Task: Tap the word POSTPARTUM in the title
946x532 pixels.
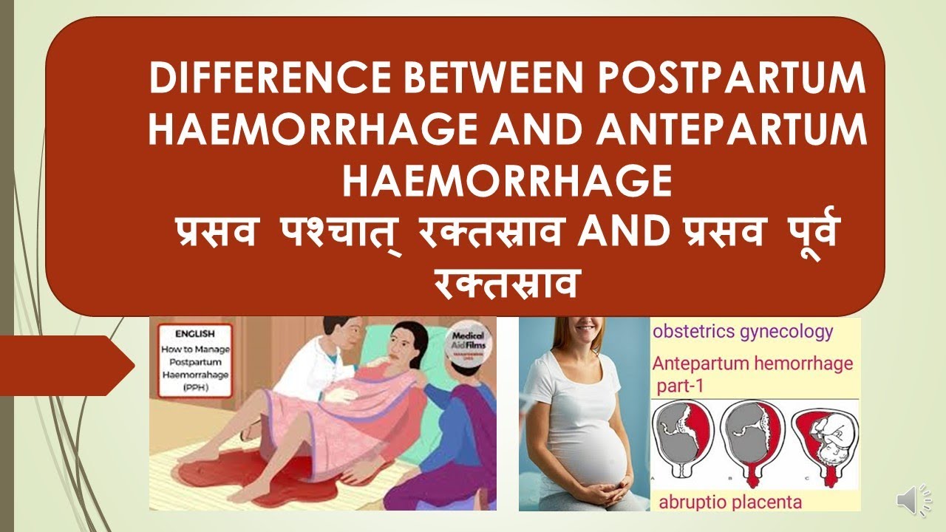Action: tap(752, 79)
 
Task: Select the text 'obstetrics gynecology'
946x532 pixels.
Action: tap(742, 331)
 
